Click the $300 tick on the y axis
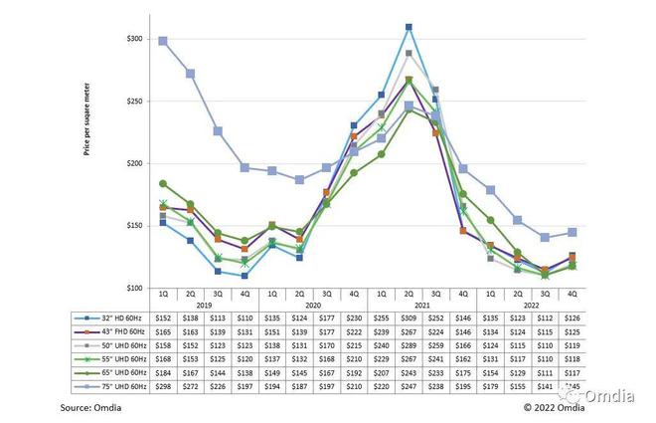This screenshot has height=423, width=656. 135,39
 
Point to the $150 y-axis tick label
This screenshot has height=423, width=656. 135,227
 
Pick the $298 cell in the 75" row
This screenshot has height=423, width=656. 163,384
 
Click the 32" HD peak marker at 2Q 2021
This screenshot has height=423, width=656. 409,27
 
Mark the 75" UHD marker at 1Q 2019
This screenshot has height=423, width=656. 163,41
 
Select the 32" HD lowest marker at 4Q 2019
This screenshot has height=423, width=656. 244,276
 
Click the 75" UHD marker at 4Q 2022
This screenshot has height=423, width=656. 571,232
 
